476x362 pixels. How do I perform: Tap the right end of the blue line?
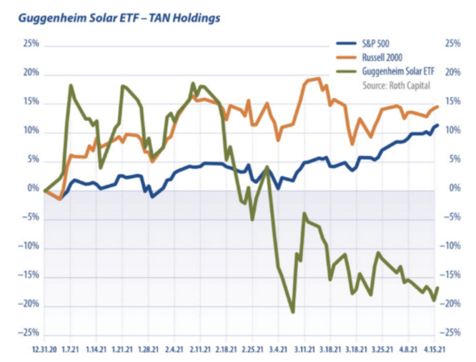pos(437,125)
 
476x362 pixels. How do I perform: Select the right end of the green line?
pos(437,288)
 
